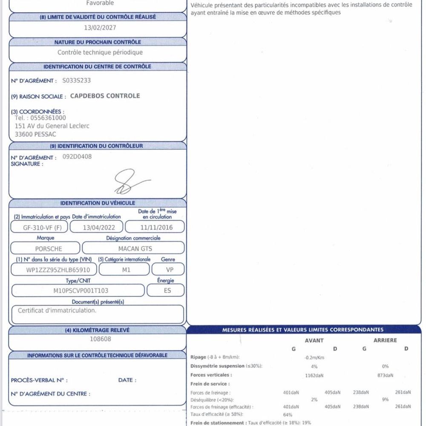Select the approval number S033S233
coord(76,80)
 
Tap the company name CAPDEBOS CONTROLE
coord(105,96)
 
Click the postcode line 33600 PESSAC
coord(35,134)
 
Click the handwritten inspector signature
coord(130,181)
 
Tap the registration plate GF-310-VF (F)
coord(42,227)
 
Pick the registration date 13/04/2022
coord(96,227)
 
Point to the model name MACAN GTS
coord(135,248)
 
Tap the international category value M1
coord(126,270)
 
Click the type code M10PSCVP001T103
coord(78,291)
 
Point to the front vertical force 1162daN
coord(314,375)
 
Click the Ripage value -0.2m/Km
coord(314,357)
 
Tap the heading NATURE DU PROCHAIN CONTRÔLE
coord(98,42)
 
